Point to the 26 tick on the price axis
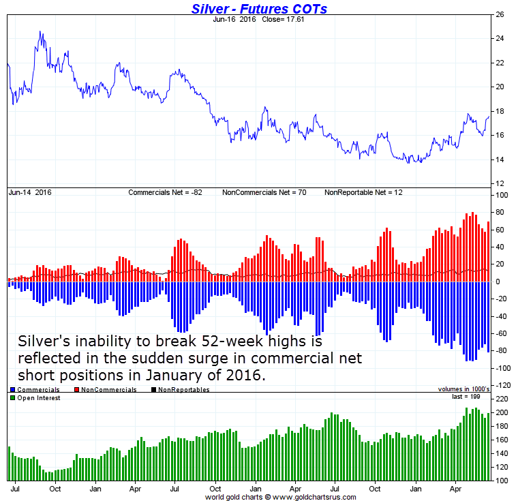pos(500,14)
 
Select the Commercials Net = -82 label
pos(166,193)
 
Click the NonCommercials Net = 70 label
pos(264,193)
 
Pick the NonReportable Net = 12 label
pos(363,193)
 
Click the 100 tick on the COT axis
pos(502,196)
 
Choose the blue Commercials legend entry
pos(34,390)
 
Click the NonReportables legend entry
pos(183,390)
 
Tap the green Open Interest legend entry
pos(37,398)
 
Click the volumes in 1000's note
pos(464,389)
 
